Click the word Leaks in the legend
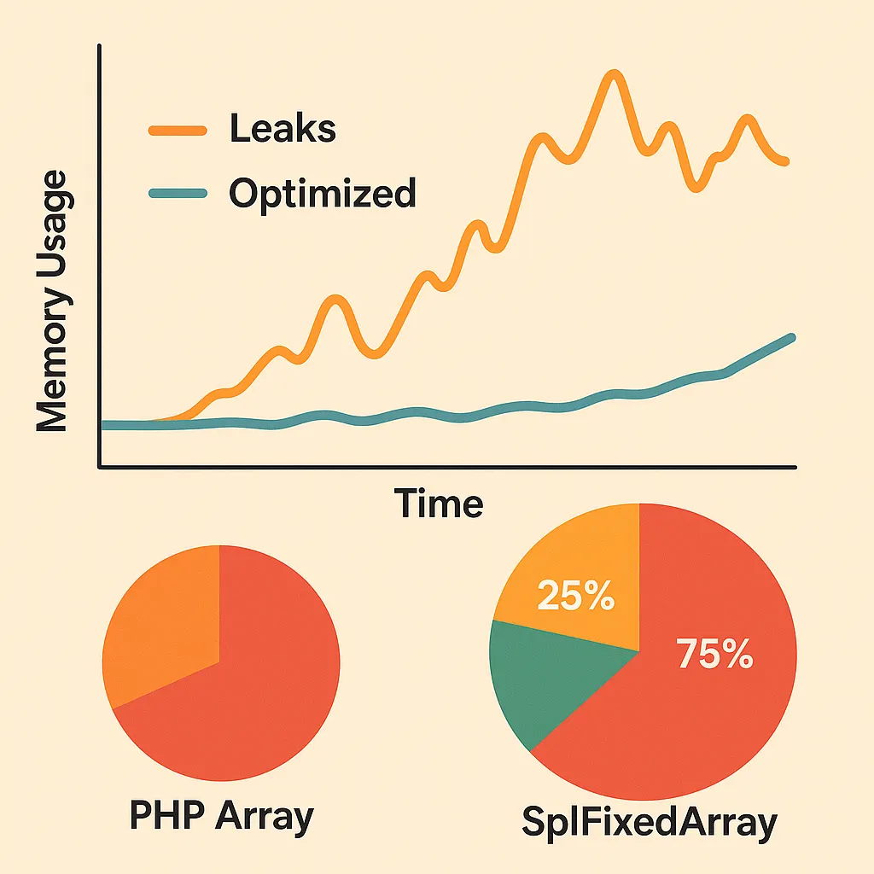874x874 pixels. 283,130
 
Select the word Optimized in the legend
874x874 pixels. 322,194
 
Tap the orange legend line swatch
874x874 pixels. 178,131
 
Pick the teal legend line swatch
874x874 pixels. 178,194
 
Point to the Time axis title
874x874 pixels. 439,504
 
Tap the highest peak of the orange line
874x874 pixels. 612,76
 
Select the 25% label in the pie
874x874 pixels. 575,597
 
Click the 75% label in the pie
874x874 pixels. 714,655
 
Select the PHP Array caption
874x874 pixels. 221,816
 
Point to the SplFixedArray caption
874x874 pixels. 650,824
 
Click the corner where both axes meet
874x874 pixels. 101,466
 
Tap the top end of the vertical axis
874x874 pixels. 101,47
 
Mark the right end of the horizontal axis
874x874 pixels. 795,466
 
